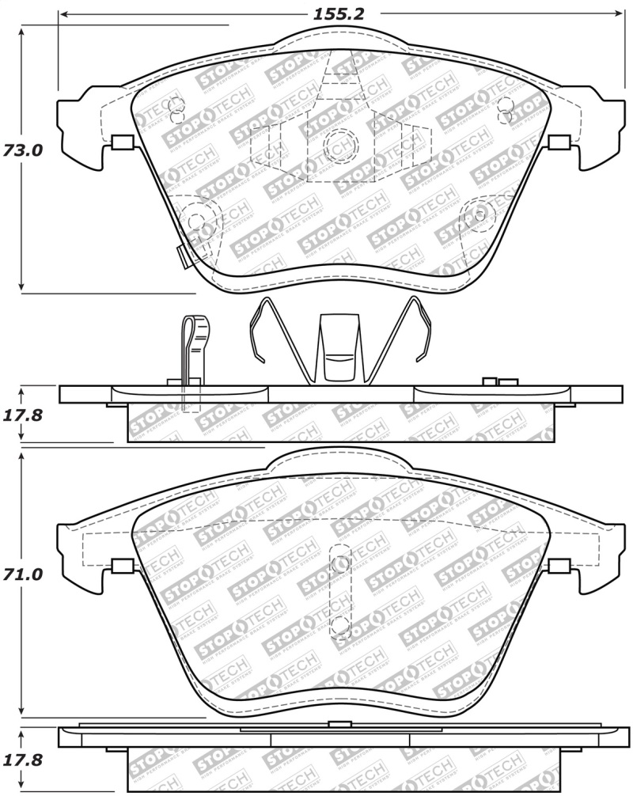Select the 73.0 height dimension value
[21, 150]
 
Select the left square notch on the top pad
[123, 142]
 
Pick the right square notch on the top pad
[559, 142]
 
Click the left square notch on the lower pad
[123, 566]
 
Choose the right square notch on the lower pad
[559, 566]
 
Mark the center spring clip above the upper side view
[340, 348]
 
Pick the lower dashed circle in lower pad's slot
[341, 625]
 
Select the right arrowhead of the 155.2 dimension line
[618, 14]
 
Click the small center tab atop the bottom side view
[340, 723]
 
